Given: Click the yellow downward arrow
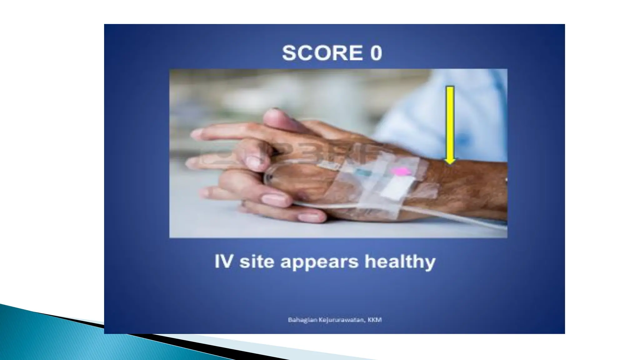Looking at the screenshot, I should [450, 122].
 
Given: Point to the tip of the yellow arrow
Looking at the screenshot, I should [450, 163].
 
